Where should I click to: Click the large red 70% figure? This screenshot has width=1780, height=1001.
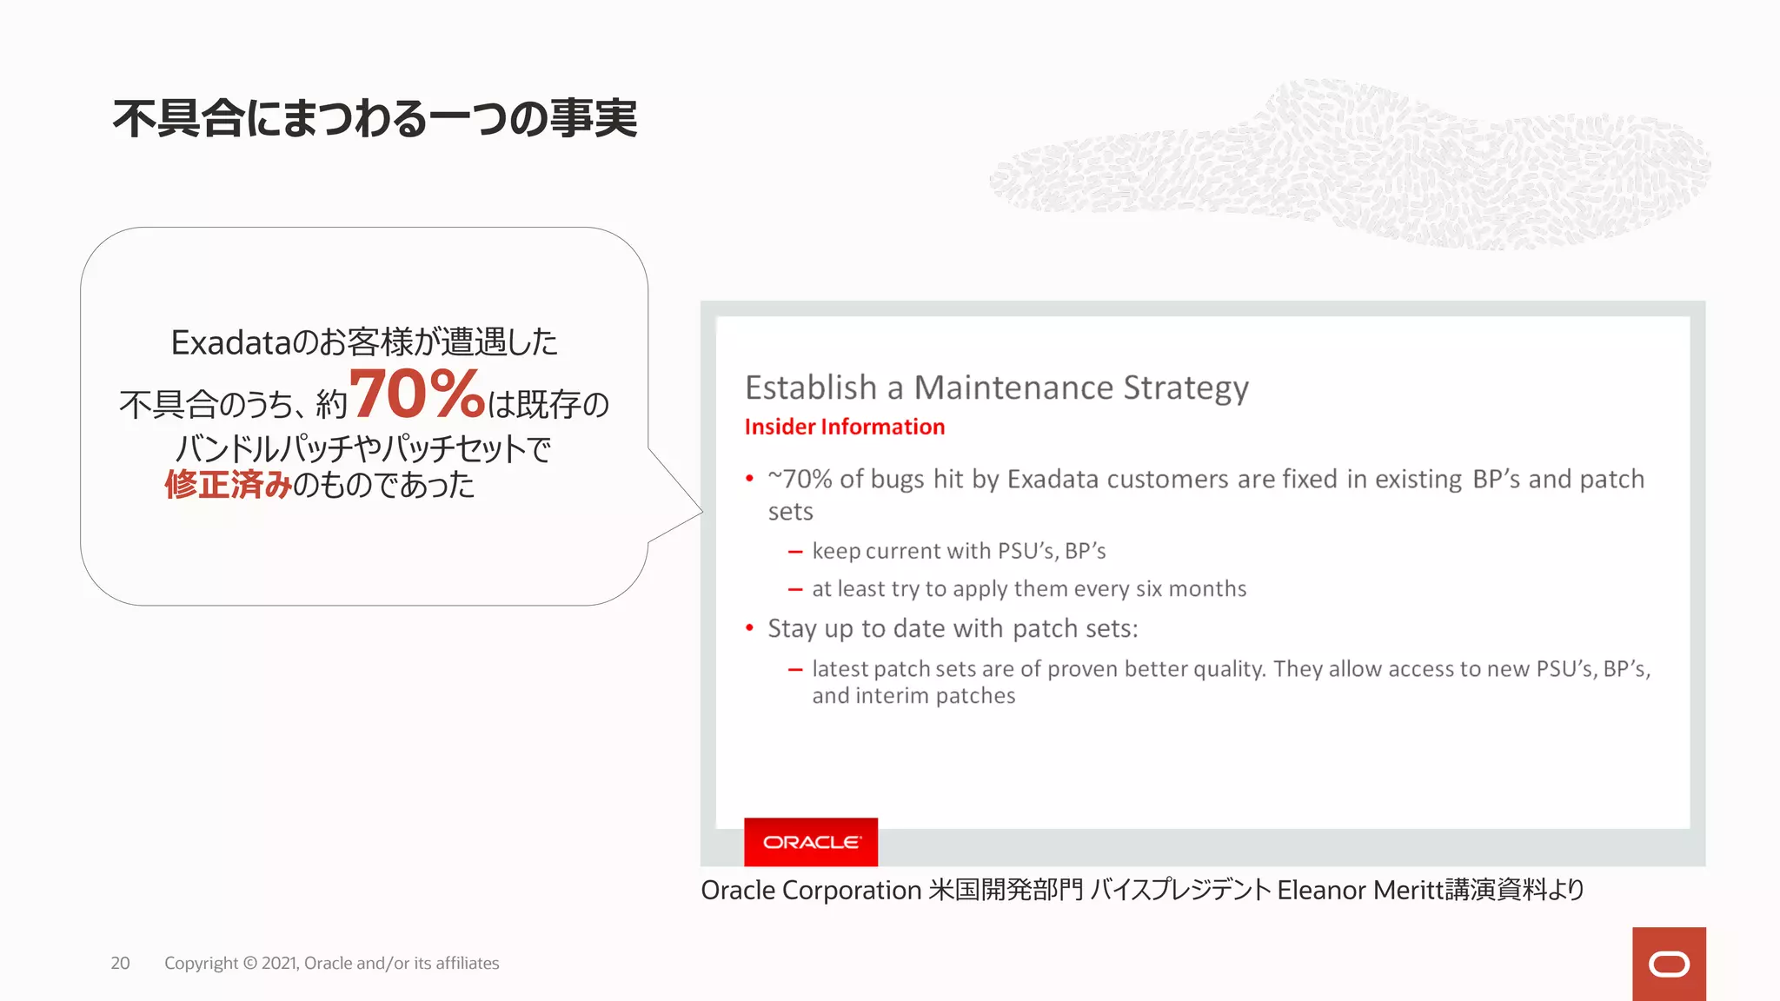coord(417,394)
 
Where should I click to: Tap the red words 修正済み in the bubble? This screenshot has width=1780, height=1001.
coord(228,485)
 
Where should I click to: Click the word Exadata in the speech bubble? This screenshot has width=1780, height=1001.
coord(230,342)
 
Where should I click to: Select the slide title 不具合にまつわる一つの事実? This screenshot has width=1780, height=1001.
coord(375,118)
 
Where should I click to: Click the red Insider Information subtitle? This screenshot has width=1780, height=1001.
coord(844,427)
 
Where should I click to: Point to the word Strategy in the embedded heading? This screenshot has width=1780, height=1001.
coord(1186,388)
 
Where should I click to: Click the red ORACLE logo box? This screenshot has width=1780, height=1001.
coord(811,842)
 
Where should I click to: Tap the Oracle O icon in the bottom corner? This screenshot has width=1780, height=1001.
coord(1669,965)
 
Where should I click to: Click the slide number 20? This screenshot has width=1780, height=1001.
coord(120,963)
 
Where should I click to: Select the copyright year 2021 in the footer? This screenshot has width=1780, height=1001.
coord(279,963)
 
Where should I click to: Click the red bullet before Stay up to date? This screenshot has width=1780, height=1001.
coord(749,628)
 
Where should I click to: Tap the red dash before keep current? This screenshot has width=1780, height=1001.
coord(794,552)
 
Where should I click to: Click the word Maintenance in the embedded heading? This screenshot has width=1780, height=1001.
coord(1013,388)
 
